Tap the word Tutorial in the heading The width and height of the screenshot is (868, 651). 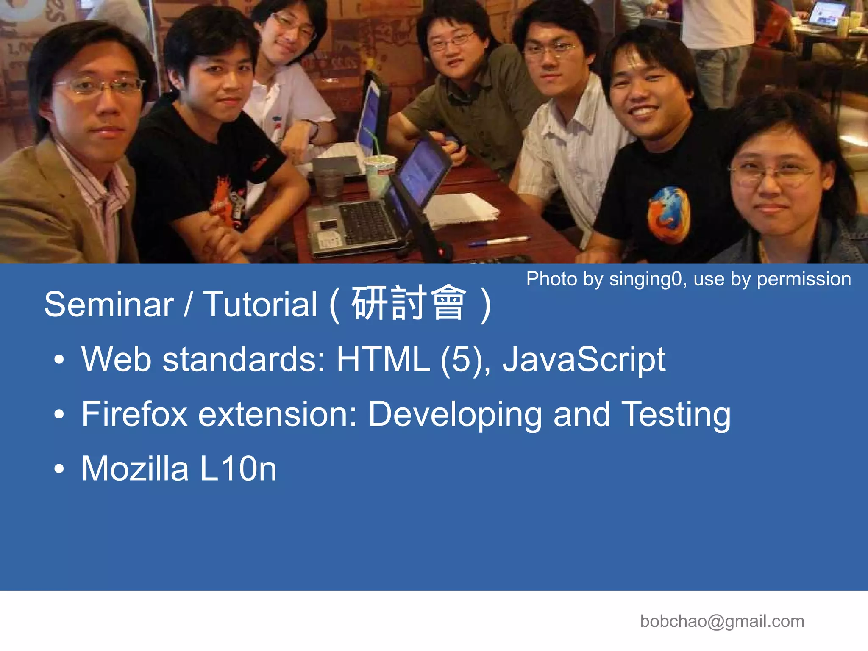pyautogui.click(x=260, y=304)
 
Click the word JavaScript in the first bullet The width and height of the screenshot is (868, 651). pyautogui.click(x=584, y=360)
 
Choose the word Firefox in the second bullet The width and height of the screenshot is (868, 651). pyautogui.click(x=134, y=414)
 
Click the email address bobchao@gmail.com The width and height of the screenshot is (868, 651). pyautogui.click(x=722, y=621)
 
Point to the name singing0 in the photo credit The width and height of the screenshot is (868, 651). pyautogui.click(x=645, y=279)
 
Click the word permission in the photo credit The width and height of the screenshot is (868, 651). pyautogui.click(x=804, y=279)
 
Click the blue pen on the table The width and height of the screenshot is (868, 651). pyautogui.click(x=499, y=241)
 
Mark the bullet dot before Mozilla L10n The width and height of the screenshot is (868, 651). pyautogui.click(x=59, y=469)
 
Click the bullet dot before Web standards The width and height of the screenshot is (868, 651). pyautogui.click(x=59, y=360)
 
